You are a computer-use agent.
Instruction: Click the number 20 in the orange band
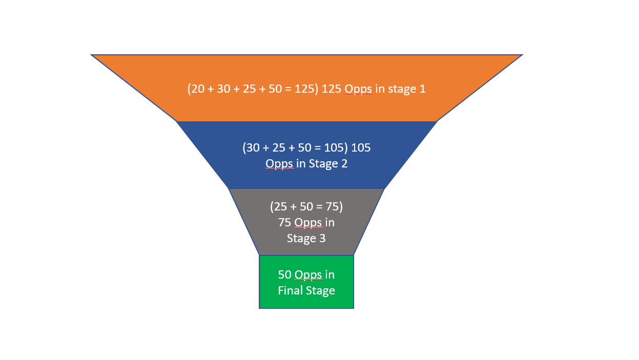pos(198,89)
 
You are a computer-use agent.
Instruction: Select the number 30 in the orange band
pos(223,89)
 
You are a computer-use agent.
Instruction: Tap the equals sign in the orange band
pos(288,89)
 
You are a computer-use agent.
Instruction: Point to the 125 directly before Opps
pos(332,89)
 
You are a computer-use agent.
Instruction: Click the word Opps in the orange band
pos(358,90)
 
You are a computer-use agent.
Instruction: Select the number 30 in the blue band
pos(253,147)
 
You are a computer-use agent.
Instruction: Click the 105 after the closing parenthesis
pos(361,147)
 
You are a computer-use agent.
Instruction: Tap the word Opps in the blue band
pos(279,164)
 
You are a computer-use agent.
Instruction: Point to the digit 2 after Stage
pos(344,163)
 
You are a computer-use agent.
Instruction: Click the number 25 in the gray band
pos(280,207)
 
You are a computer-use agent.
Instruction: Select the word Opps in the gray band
pos(308,223)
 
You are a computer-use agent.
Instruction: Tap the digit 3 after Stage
pos(322,238)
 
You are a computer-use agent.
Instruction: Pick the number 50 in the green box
pos(285,275)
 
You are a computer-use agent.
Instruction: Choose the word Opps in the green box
pos(308,276)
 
